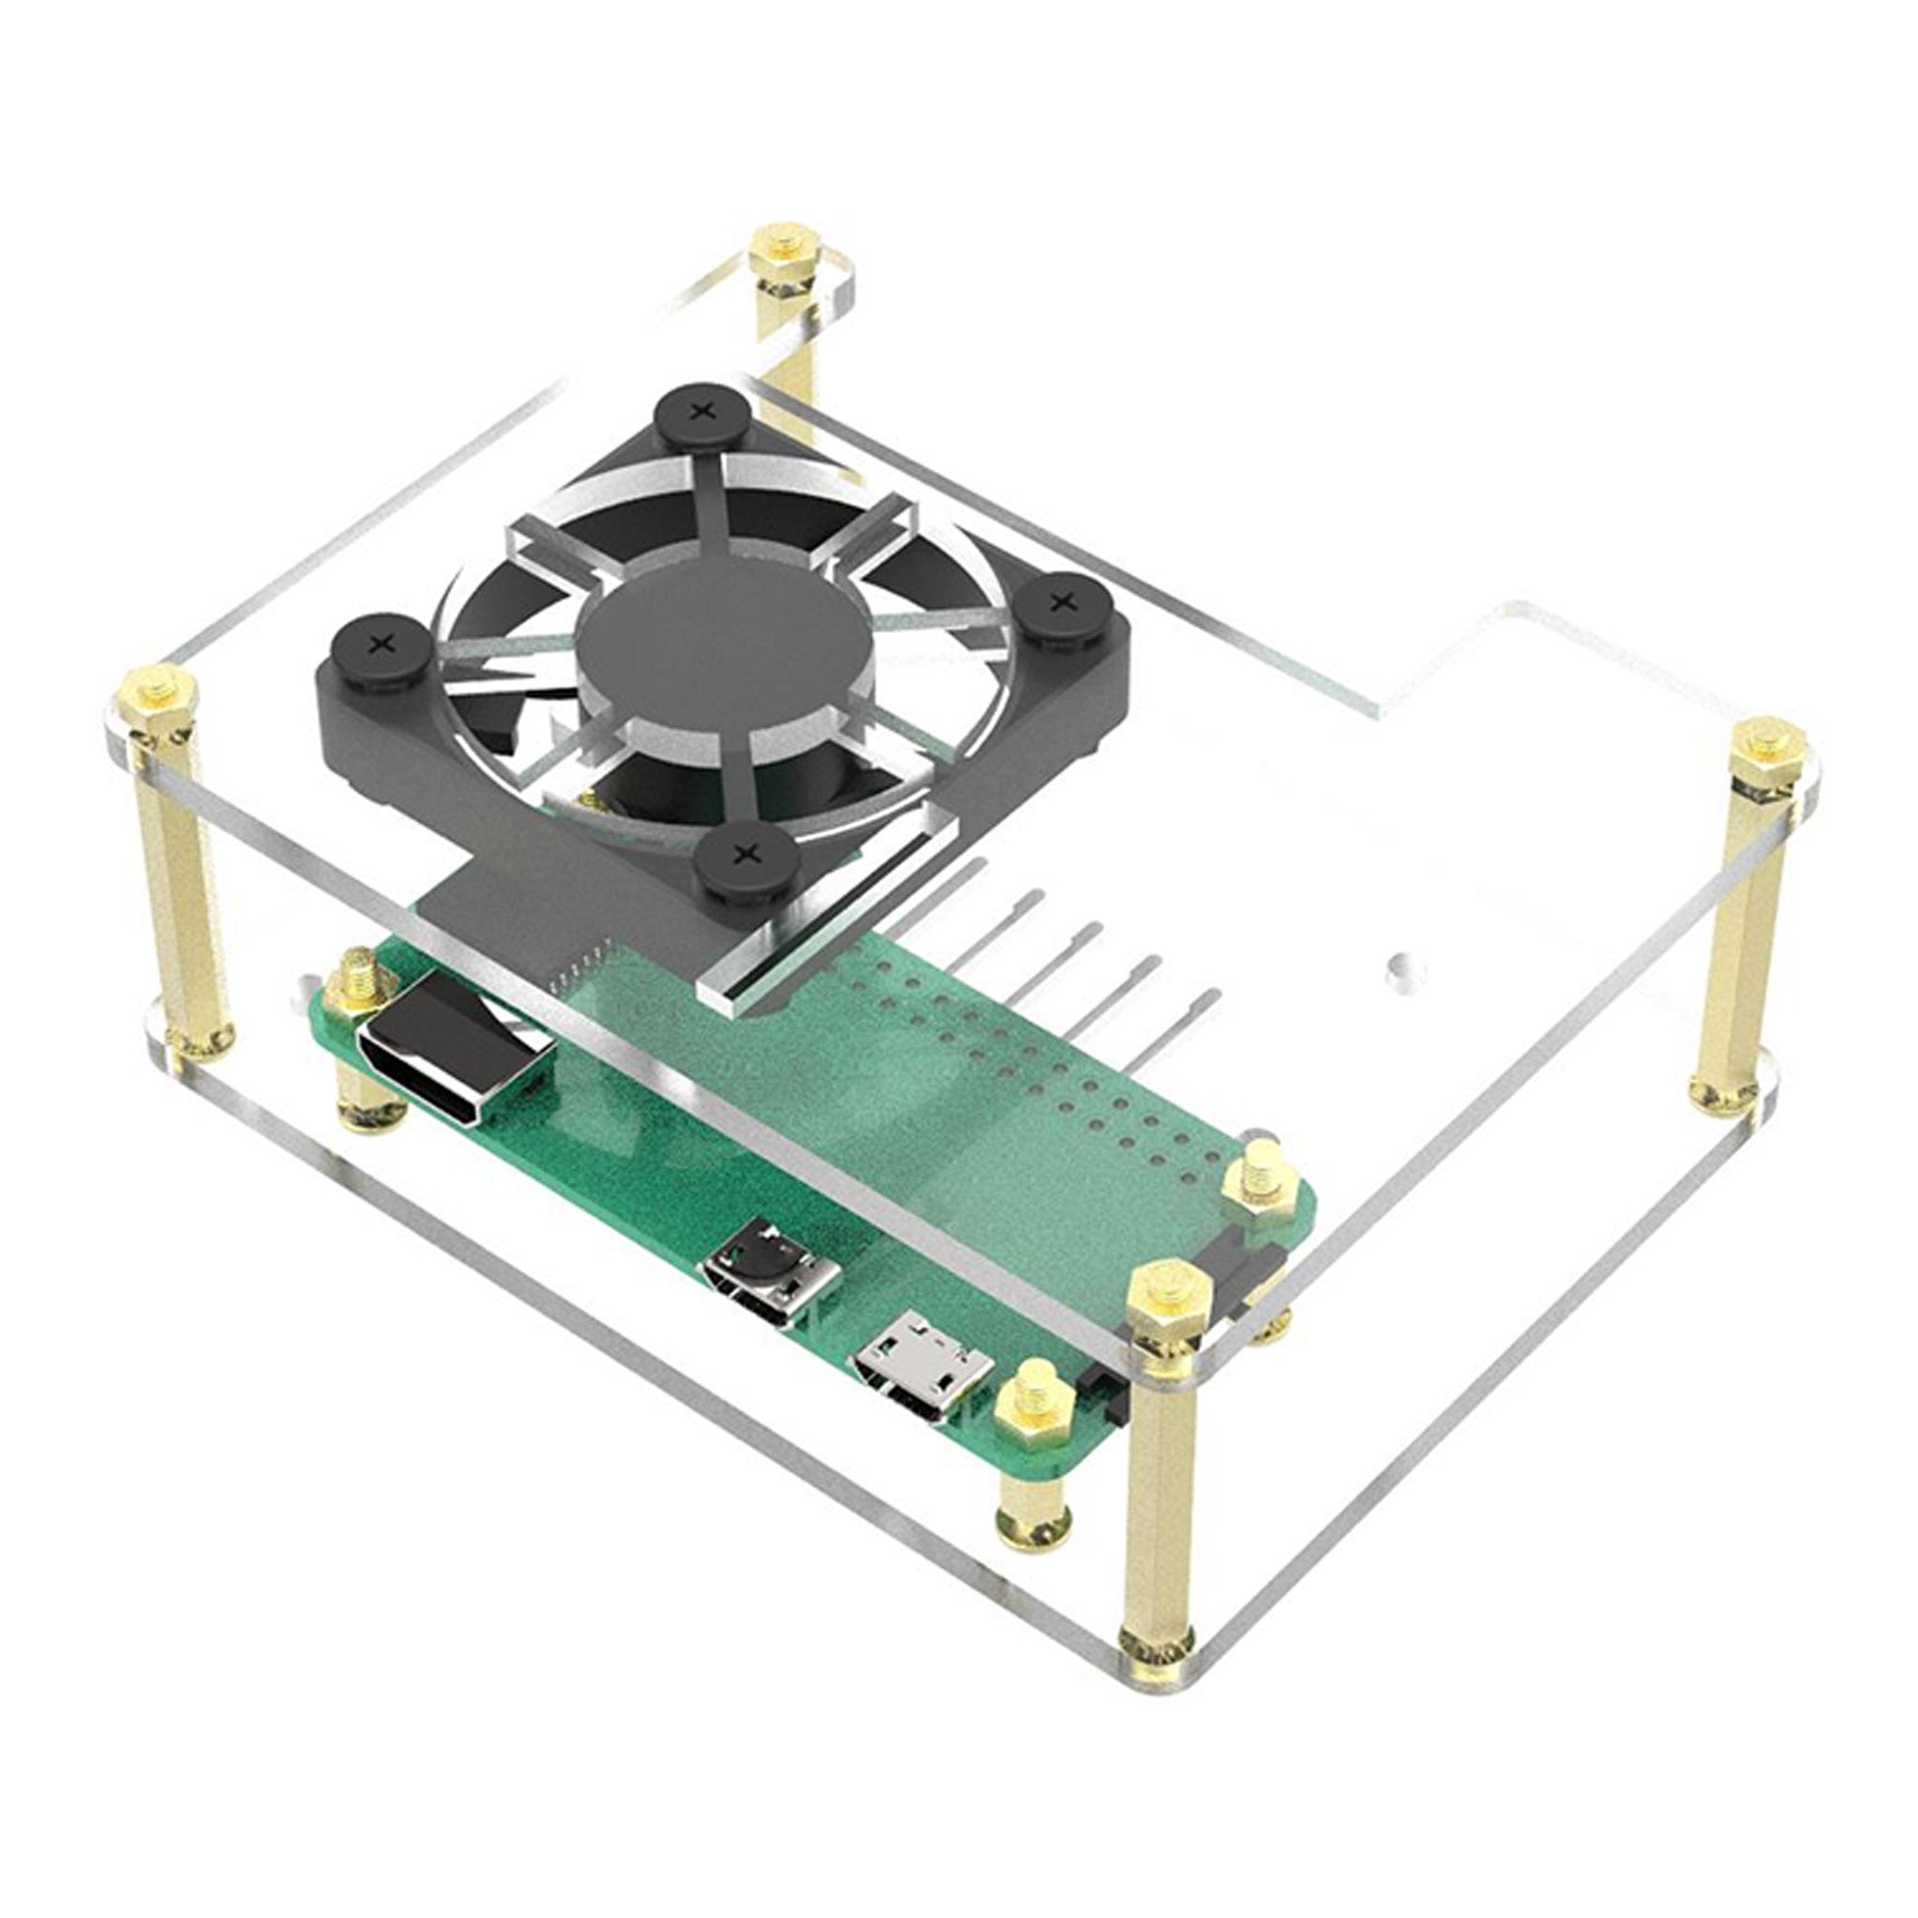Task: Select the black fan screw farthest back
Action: [x=701, y=409]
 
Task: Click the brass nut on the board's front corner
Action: [x=1029, y=1406]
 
